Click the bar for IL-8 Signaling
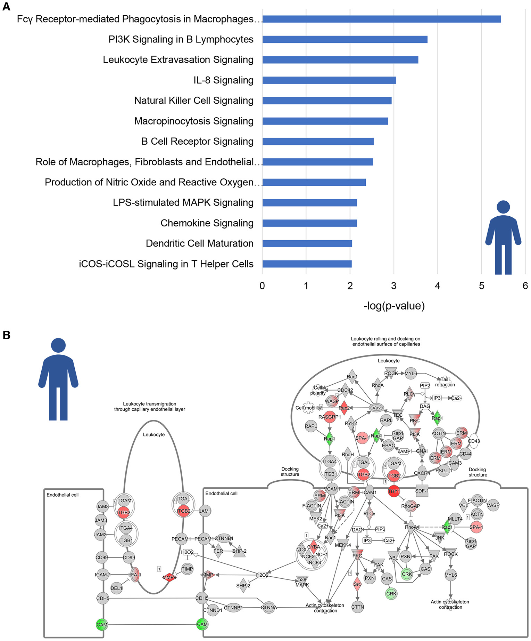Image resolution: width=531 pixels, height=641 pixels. click(x=329, y=80)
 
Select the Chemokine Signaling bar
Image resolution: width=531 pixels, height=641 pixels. click(x=309, y=223)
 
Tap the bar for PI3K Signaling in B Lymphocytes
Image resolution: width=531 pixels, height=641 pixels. click(x=345, y=39)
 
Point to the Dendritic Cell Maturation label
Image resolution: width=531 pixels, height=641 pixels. click(x=199, y=243)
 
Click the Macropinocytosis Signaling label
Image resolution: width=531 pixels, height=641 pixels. click(x=194, y=121)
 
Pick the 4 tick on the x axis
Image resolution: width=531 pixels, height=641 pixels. click(x=438, y=286)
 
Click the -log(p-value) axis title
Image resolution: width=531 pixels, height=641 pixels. click(x=394, y=306)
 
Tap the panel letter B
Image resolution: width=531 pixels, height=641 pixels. click(x=6, y=335)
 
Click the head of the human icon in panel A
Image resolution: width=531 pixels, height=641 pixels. click(x=503, y=207)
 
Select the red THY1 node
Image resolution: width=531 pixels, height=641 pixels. click(x=394, y=491)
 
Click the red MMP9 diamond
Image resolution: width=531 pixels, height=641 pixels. click(x=169, y=577)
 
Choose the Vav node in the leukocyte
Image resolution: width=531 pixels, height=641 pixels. click(x=376, y=408)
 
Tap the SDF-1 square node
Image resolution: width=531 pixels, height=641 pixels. click(x=422, y=491)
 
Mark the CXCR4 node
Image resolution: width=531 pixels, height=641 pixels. click(x=422, y=473)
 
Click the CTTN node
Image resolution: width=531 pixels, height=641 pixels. click(x=357, y=607)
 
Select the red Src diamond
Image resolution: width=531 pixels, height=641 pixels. click(x=357, y=584)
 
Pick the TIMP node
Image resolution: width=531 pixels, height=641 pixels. click(x=187, y=569)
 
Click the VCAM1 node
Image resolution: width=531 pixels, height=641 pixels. click(x=332, y=489)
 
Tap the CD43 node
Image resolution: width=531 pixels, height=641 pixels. click(x=474, y=441)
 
